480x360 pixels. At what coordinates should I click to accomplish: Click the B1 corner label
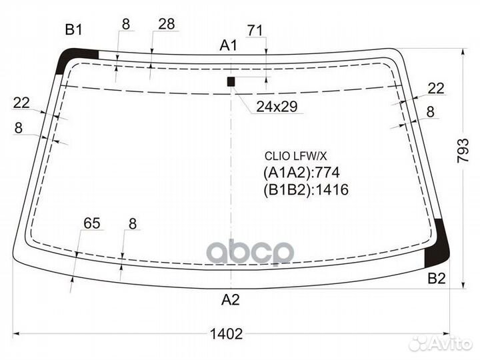click(x=73, y=29)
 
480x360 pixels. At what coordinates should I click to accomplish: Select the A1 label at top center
click(x=229, y=45)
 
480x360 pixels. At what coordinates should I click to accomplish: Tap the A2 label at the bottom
click(x=230, y=300)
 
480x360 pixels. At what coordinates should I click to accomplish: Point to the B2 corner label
click(x=436, y=279)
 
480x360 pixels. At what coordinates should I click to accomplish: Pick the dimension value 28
click(x=167, y=24)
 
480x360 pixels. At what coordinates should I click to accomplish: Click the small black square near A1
click(x=231, y=82)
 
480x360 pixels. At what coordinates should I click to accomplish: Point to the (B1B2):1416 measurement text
click(x=306, y=190)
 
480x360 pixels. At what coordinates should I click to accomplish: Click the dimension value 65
click(x=92, y=224)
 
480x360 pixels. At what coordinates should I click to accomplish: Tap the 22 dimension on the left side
click(x=21, y=102)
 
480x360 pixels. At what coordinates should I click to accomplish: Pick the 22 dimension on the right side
click(x=435, y=88)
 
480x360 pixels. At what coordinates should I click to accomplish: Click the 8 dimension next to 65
click(x=132, y=224)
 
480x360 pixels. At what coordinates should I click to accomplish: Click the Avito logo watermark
click(x=440, y=343)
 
